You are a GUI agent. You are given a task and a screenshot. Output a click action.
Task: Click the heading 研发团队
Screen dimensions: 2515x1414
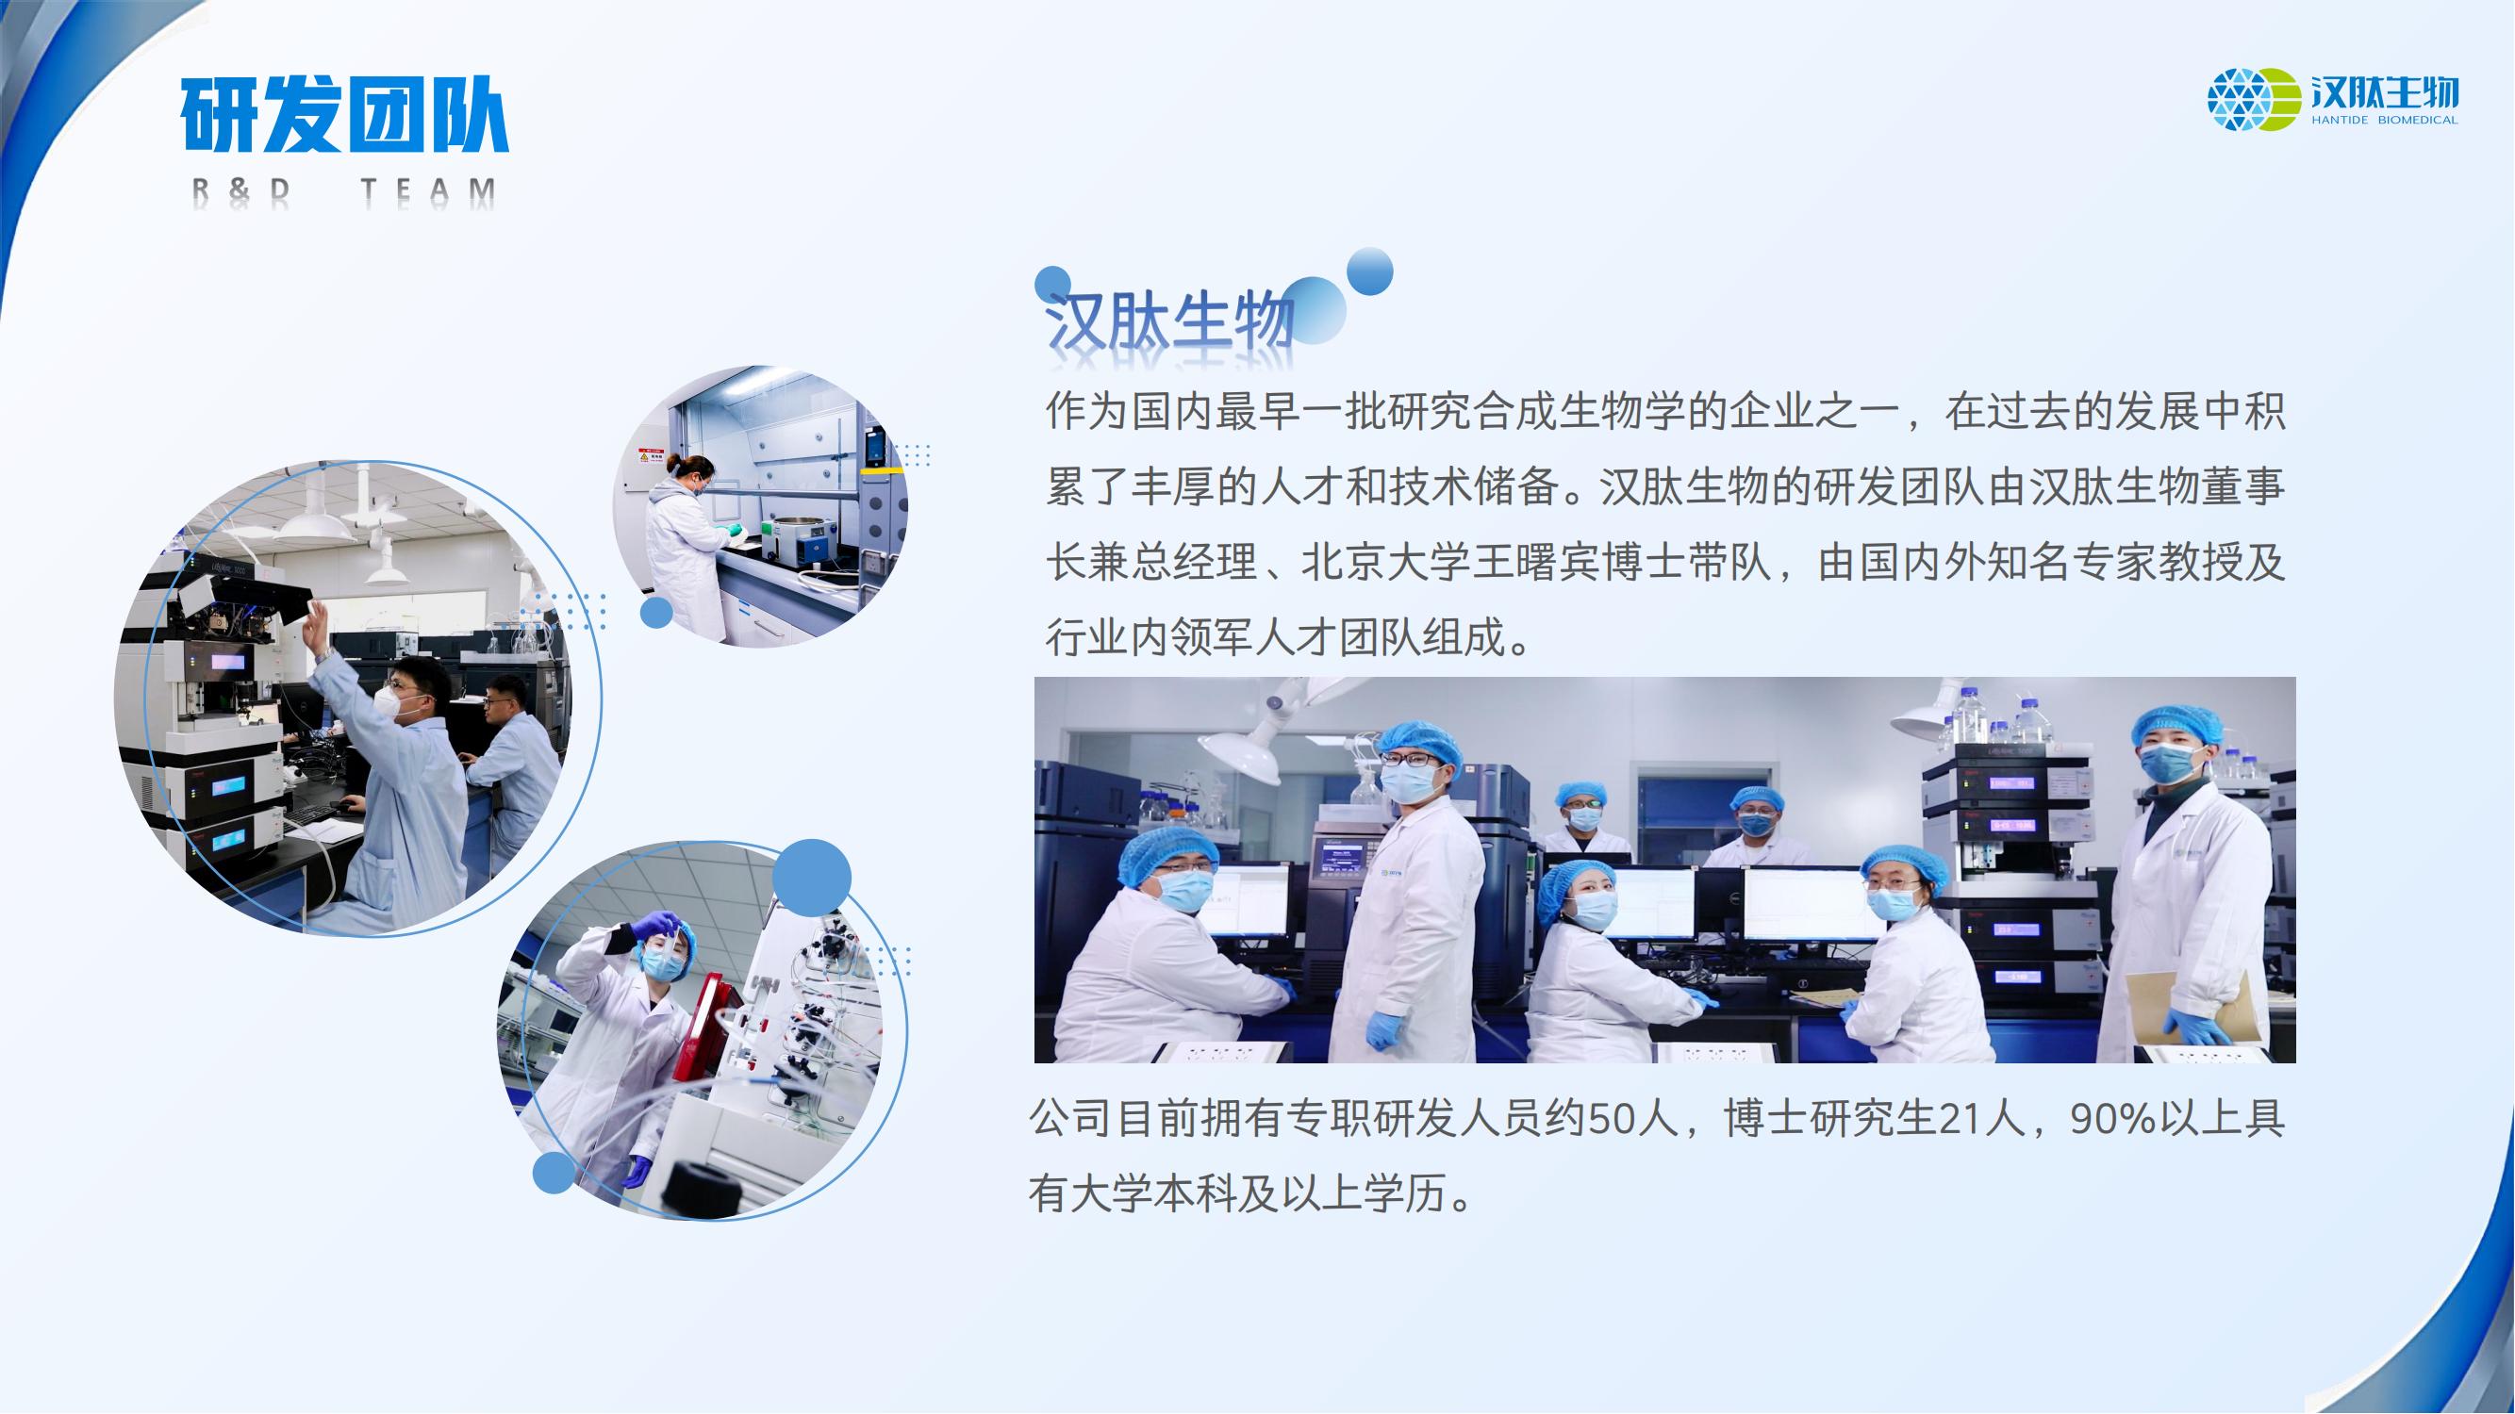(344, 115)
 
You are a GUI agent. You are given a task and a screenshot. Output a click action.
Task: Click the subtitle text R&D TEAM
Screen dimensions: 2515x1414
(343, 192)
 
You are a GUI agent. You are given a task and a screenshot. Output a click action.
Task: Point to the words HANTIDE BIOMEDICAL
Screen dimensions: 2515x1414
(2384, 120)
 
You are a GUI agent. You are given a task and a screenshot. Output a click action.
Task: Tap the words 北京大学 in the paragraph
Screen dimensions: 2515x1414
(1386, 562)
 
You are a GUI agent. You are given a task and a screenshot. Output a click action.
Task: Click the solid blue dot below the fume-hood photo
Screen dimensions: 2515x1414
(657, 613)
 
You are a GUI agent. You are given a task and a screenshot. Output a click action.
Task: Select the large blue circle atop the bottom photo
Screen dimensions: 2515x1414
(811, 878)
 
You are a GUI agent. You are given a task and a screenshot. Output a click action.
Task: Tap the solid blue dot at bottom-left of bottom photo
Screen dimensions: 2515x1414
(554, 1172)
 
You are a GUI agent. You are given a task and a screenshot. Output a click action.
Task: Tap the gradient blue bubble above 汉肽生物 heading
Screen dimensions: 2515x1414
(1370, 271)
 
